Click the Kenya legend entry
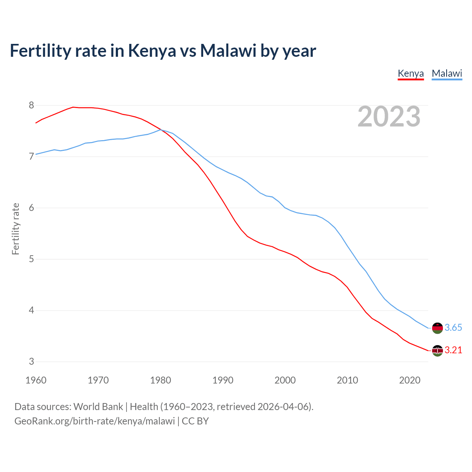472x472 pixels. click(410, 73)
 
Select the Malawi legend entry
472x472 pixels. click(447, 73)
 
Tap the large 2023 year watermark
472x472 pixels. click(389, 117)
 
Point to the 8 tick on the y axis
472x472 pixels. click(31, 105)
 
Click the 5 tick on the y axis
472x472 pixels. click(31, 259)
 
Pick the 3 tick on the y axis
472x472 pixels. click(31, 362)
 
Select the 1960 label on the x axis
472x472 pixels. click(36, 380)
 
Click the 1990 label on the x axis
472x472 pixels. click(223, 380)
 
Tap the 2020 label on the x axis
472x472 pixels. click(410, 380)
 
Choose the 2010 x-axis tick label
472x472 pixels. click(347, 380)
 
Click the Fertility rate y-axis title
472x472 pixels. click(15, 229)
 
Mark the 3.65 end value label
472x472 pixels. click(453, 328)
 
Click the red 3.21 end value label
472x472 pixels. click(453, 350)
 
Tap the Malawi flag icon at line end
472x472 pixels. click(437, 328)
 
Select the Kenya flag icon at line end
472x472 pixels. click(437, 351)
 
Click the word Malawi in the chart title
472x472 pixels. click(228, 51)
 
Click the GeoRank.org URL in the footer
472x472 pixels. click(94, 421)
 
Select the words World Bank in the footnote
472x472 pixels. click(98, 407)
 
